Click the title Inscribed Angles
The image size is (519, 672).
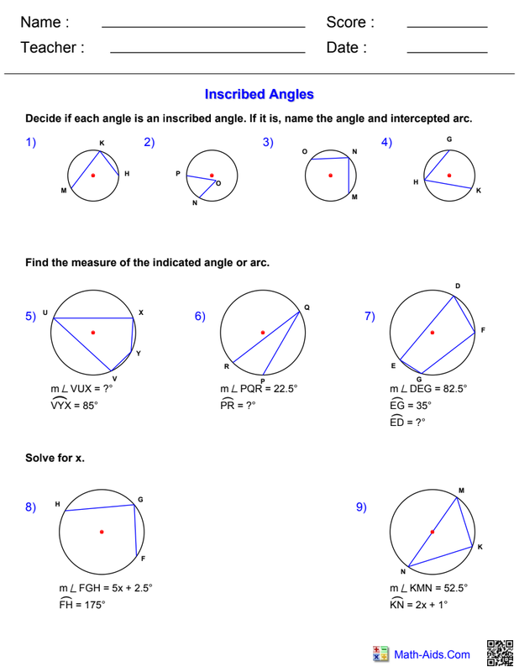(259, 95)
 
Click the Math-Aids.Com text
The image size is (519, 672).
(432, 654)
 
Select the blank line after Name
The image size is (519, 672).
(202, 27)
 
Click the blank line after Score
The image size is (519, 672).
(447, 27)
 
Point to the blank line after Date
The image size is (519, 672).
(447, 53)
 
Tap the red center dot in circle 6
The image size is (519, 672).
(263, 333)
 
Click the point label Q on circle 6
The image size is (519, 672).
(307, 308)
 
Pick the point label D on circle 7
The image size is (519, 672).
(458, 286)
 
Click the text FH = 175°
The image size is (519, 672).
(81, 604)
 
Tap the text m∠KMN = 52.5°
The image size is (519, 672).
(428, 589)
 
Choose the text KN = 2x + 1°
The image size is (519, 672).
(419, 604)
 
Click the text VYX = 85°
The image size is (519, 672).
(74, 404)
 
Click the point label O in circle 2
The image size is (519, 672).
(218, 182)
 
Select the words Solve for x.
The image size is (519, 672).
(55, 458)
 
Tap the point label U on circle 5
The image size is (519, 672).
(45, 312)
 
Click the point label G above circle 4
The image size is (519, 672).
(449, 139)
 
